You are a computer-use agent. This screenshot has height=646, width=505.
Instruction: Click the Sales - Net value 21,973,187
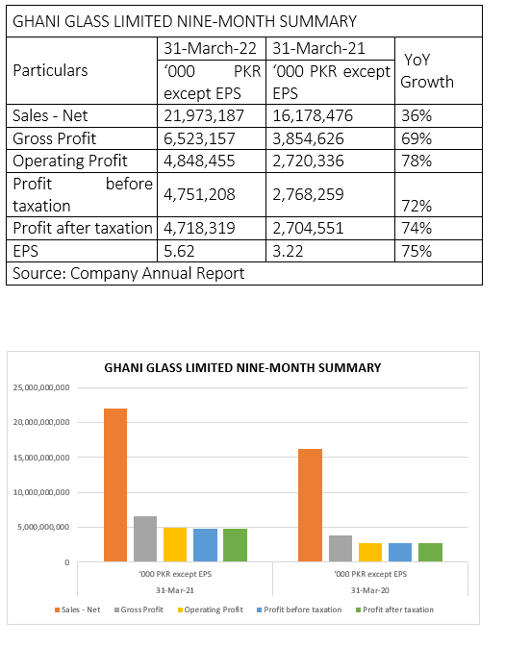pyautogui.click(x=204, y=115)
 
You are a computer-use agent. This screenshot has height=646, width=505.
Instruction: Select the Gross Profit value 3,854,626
pyautogui.click(x=308, y=138)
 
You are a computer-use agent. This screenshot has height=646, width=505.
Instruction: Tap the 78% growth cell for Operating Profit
pyautogui.click(x=417, y=161)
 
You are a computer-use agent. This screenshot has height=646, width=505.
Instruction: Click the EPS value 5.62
pyautogui.click(x=179, y=251)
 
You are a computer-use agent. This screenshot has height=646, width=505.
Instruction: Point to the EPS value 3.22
pyautogui.click(x=288, y=251)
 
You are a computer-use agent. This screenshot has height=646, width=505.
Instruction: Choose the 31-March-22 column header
pyautogui.click(x=210, y=49)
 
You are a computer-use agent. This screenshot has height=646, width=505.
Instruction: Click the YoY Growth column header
pyautogui.click(x=427, y=71)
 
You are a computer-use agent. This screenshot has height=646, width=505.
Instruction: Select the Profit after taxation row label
pyautogui.click(x=83, y=228)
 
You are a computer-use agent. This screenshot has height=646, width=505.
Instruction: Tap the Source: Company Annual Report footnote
pyautogui.click(x=129, y=274)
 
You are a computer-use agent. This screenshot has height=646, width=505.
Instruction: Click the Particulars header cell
pyautogui.click(x=50, y=70)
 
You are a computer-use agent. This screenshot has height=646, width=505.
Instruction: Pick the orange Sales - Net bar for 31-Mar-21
pyautogui.click(x=115, y=484)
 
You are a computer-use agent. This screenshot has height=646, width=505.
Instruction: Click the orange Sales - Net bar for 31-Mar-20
pyautogui.click(x=310, y=505)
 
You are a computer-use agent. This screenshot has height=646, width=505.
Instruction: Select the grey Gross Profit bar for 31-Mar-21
pyautogui.click(x=145, y=539)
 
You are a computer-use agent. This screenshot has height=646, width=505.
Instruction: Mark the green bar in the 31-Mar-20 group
pyautogui.click(x=430, y=552)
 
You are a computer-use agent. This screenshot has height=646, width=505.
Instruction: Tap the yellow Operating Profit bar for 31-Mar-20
pyautogui.click(x=370, y=552)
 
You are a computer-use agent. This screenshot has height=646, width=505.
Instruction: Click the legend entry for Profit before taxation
pyautogui.click(x=299, y=609)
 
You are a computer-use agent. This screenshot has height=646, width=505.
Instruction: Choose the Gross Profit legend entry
pyautogui.click(x=139, y=609)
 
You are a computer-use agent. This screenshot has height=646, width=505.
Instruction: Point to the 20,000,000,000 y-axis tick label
pyautogui.click(x=41, y=422)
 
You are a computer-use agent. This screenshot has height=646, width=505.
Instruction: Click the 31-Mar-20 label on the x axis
pyautogui.click(x=369, y=590)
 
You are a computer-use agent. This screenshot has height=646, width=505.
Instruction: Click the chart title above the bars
pyautogui.click(x=242, y=367)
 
